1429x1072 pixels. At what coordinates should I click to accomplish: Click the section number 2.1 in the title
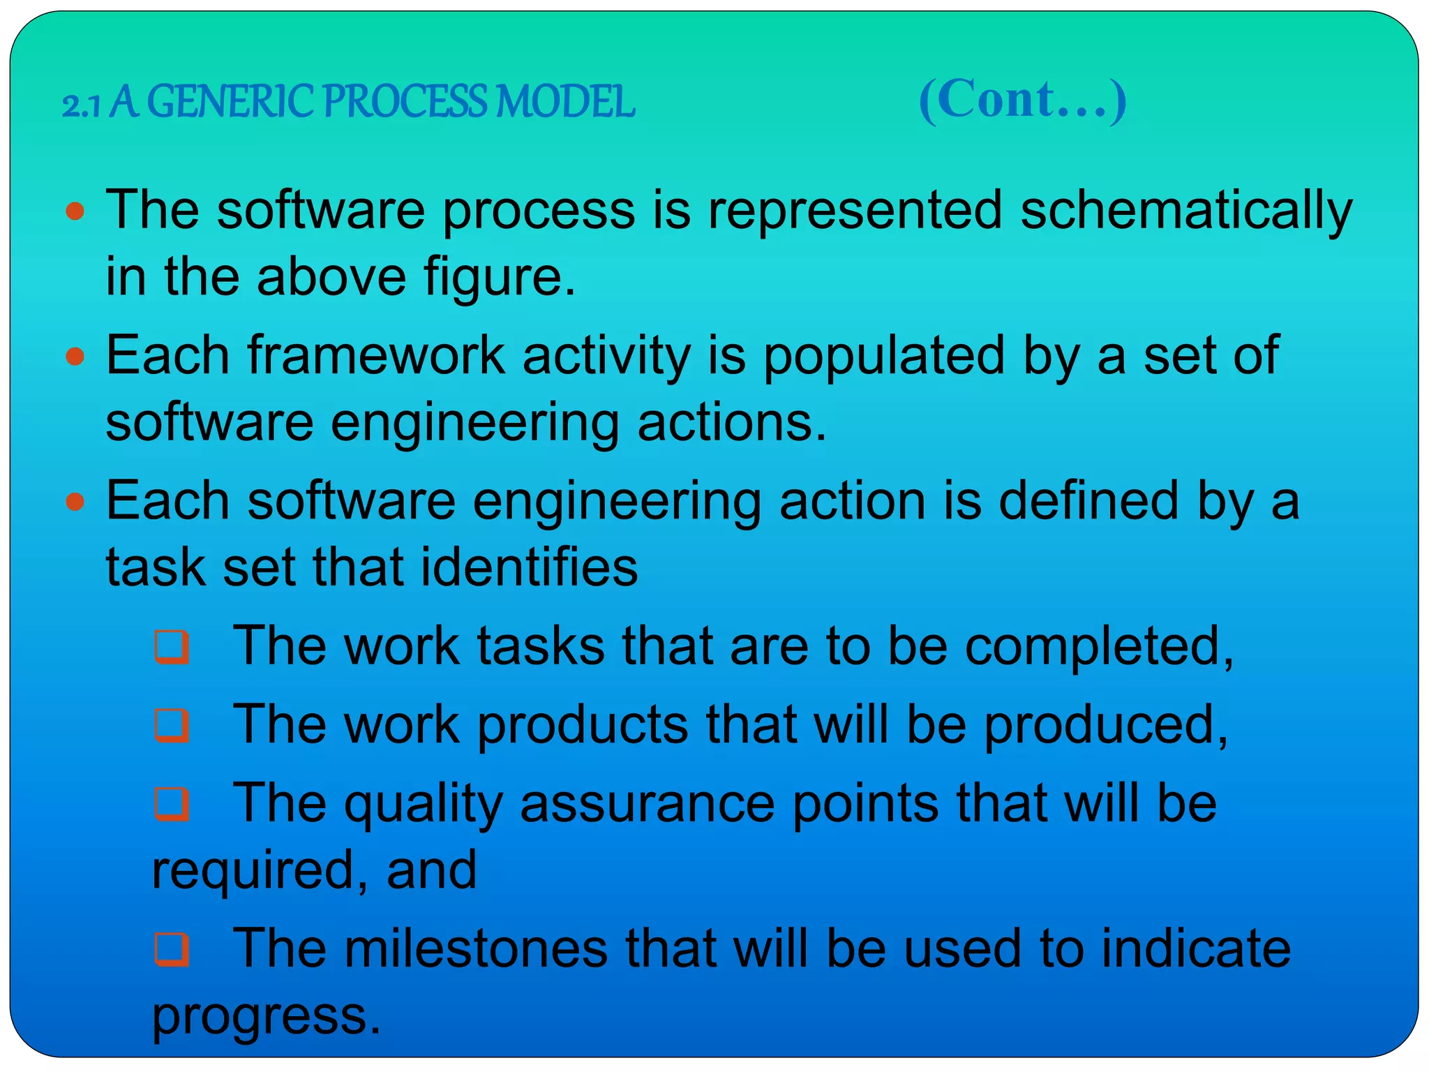pyautogui.click(x=82, y=105)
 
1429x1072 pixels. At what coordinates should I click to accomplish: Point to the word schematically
pyautogui.click(x=1185, y=210)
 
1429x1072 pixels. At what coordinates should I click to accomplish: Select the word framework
pyautogui.click(x=376, y=355)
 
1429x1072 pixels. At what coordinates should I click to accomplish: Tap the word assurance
pyautogui.click(x=647, y=803)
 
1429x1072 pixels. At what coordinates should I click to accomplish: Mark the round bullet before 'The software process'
pyautogui.click(x=75, y=211)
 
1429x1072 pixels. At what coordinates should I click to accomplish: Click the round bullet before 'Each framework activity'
pyautogui.click(x=75, y=357)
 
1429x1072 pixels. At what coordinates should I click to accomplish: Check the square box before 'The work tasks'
pyautogui.click(x=172, y=646)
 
